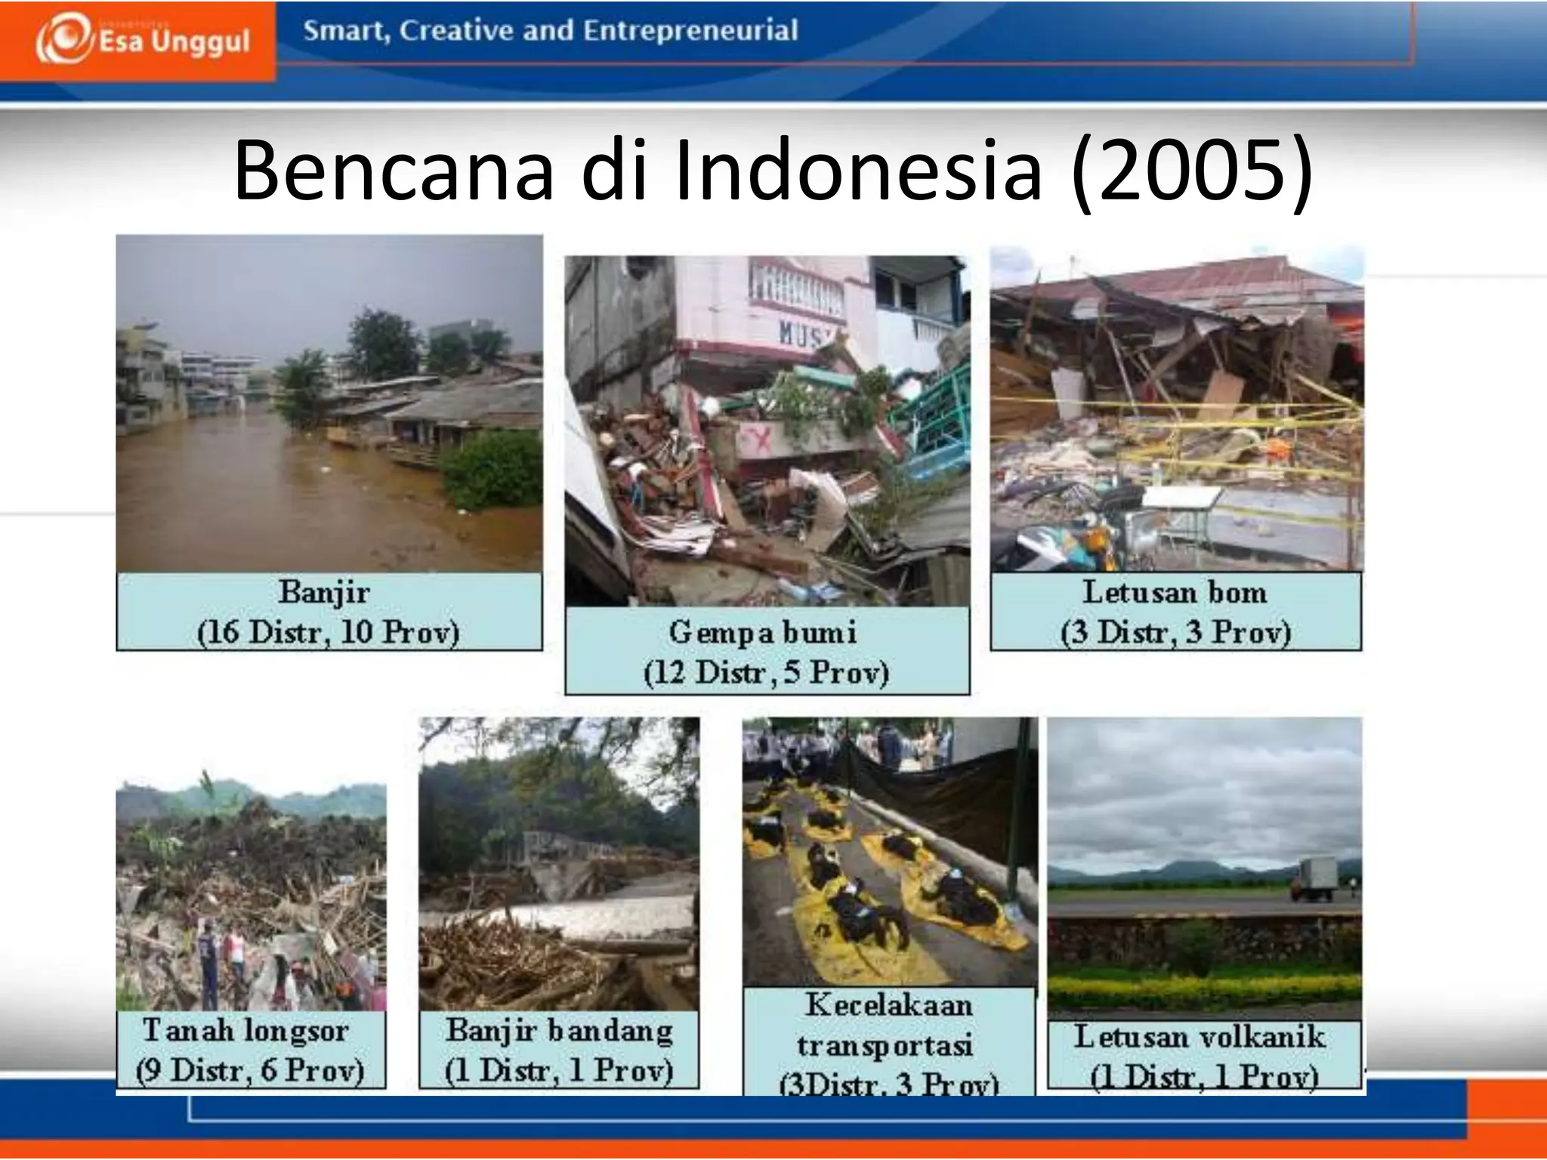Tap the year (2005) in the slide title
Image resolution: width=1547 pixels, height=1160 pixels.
point(1191,171)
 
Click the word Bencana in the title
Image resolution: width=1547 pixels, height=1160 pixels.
point(394,171)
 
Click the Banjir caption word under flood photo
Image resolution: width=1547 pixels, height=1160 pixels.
point(324,592)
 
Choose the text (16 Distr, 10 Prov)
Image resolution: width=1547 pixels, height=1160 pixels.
point(328,632)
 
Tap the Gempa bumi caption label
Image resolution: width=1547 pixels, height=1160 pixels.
point(762,632)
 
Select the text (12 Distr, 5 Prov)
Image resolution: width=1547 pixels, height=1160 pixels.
point(766,672)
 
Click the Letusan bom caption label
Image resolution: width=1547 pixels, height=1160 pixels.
point(1175,592)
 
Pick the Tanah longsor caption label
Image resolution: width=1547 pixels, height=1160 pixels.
point(246,1030)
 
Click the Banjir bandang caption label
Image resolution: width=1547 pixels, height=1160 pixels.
point(559,1030)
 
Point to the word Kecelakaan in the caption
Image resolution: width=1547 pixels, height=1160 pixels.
point(888,1005)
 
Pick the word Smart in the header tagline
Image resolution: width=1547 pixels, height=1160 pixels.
point(346,31)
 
